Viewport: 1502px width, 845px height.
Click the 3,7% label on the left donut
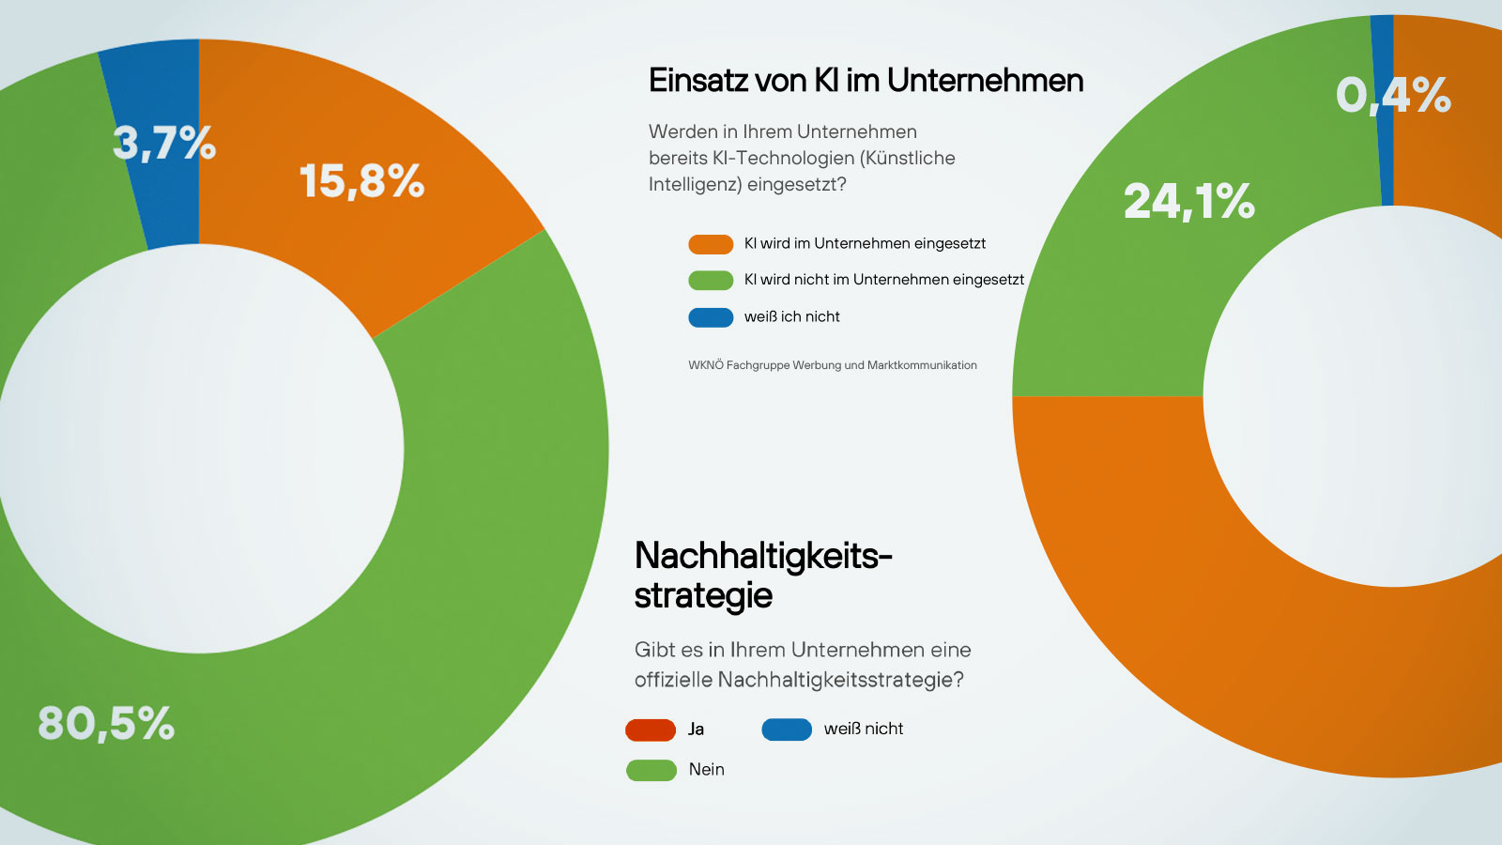click(164, 144)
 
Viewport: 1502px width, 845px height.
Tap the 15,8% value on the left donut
click(361, 181)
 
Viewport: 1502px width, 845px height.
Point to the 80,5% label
click(106, 724)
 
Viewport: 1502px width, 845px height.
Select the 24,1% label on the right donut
click(1188, 202)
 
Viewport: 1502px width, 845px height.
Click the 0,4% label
click(1393, 96)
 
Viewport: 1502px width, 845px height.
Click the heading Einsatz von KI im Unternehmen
click(866, 81)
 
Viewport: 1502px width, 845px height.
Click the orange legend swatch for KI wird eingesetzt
click(711, 244)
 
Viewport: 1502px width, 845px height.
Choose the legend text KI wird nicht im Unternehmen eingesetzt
click(883, 280)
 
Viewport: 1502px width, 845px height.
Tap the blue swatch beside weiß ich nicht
click(711, 317)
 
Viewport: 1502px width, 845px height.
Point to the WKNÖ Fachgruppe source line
click(832, 365)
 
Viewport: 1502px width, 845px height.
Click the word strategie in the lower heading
click(703, 595)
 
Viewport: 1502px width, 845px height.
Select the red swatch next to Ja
click(651, 730)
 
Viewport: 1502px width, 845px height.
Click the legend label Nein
click(706, 770)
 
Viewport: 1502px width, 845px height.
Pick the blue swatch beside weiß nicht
click(787, 730)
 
